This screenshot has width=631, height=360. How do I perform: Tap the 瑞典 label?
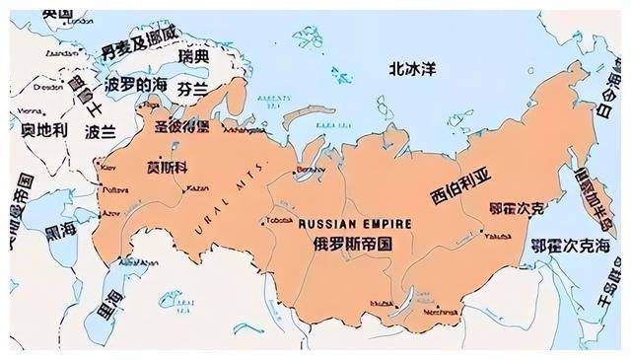tap(194, 56)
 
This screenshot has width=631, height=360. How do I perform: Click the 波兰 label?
tap(101, 131)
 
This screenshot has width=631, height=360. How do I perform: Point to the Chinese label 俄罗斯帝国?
tap(353, 243)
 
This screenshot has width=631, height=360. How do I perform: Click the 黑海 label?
tap(62, 228)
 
